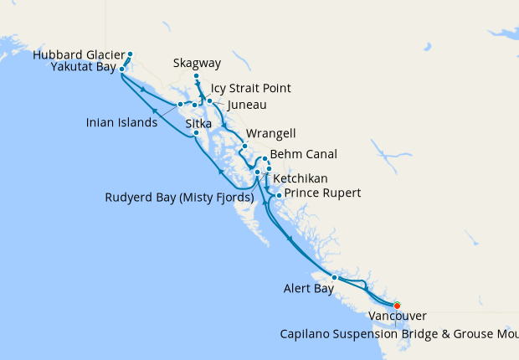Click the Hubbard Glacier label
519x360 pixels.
(x=80, y=55)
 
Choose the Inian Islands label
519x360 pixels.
(x=121, y=123)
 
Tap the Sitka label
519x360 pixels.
(x=198, y=123)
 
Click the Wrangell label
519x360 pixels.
(x=271, y=134)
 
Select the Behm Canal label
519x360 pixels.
(x=304, y=155)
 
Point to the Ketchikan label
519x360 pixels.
(x=301, y=178)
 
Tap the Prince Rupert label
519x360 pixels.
(x=323, y=193)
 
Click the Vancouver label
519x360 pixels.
(x=398, y=316)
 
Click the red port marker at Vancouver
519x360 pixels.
(x=398, y=306)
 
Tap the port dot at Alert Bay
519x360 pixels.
(x=334, y=277)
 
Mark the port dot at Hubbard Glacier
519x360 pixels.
(x=130, y=55)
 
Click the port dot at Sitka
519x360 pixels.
(x=196, y=133)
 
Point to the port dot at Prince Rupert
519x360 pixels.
(x=279, y=195)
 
